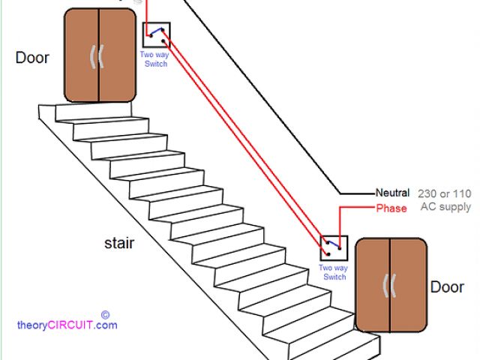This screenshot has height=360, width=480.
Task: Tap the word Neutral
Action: [x=393, y=193]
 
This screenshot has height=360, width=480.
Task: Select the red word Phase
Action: [x=391, y=208]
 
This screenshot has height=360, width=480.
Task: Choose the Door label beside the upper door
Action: [x=32, y=58]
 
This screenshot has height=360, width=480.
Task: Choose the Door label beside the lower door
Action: [x=447, y=287]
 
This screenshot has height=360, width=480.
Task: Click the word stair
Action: [x=121, y=243]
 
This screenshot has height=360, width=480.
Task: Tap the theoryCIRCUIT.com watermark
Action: [x=67, y=325]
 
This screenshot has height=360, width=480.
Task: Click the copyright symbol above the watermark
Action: [x=105, y=315]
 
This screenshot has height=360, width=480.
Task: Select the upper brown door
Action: [x=99, y=55]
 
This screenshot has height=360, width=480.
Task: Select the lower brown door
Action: [x=391, y=285]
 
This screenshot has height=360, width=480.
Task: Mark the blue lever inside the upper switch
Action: [x=155, y=31]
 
